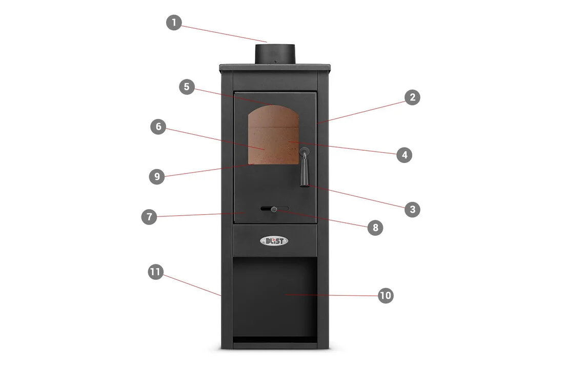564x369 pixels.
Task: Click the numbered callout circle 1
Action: [174, 23]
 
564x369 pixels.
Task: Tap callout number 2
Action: [412, 97]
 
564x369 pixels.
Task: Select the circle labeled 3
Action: [412, 209]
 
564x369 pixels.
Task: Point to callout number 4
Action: [405, 155]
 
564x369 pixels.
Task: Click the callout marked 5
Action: [187, 87]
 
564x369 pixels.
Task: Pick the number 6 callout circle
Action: [158, 127]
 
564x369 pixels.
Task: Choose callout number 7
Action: [149, 217]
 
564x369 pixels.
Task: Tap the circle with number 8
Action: [375, 228]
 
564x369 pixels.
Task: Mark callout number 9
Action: [157, 177]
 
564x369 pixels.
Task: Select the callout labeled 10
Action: [386, 296]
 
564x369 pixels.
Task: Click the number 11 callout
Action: [155, 272]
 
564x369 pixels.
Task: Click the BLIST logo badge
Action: [274, 241]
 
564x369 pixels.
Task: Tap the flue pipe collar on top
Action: [275, 54]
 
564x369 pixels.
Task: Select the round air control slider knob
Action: [274, 209]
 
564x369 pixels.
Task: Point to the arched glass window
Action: [273, 135]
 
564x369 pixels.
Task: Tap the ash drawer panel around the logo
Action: [275, 240]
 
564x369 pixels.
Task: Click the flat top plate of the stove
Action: [275, 67]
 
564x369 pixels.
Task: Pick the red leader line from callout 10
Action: [331, 295]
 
